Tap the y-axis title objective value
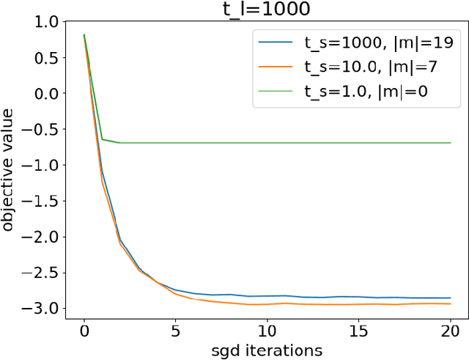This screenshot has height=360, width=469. (10, 169)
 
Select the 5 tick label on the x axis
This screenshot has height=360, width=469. (176, 328)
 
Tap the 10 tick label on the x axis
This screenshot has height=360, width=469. (267, 328)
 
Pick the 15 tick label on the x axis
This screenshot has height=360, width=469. (359, 328)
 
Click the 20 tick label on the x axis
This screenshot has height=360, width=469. (450, 328)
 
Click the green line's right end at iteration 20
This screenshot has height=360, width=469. (450, 142)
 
